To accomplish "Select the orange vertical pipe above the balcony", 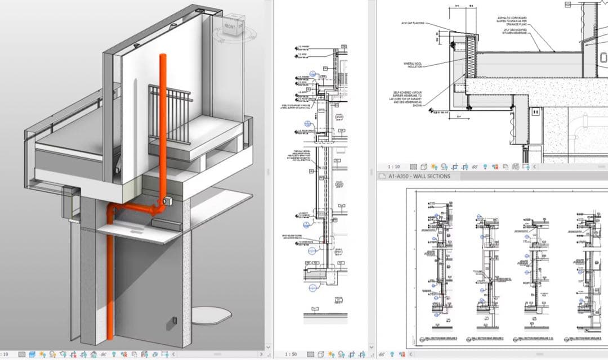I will tap(163, 112).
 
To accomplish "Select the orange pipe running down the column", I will tap(110, 281).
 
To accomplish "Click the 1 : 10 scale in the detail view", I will tap(393, 167).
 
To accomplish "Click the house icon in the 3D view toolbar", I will tap(32, 354).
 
